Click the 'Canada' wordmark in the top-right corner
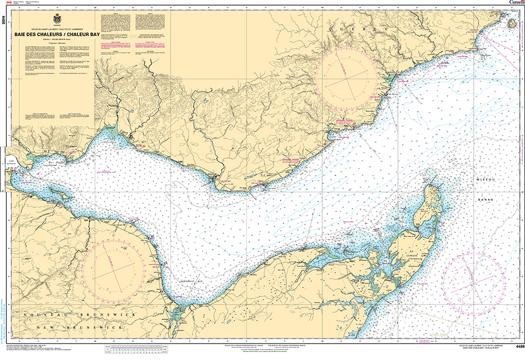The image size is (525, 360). coord(517,2)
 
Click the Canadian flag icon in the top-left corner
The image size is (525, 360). coord(8,2)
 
